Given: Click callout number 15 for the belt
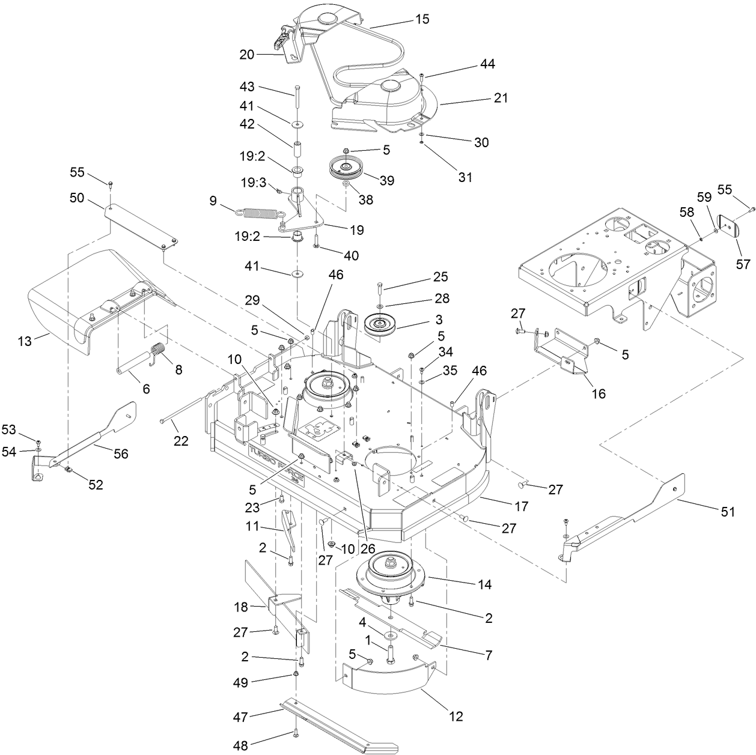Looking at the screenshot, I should coord(422,19).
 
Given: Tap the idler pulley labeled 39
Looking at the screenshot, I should coord(345,168).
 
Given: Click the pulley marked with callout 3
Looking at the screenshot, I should coord(381,325).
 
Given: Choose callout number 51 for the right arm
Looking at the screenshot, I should coord(727,512).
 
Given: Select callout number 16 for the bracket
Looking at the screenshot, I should coord(598,394).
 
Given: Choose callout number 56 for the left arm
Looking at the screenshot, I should coord(121,454).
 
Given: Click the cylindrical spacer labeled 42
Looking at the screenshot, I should coord(297,147).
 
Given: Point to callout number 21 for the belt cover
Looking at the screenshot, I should coord(500,97).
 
